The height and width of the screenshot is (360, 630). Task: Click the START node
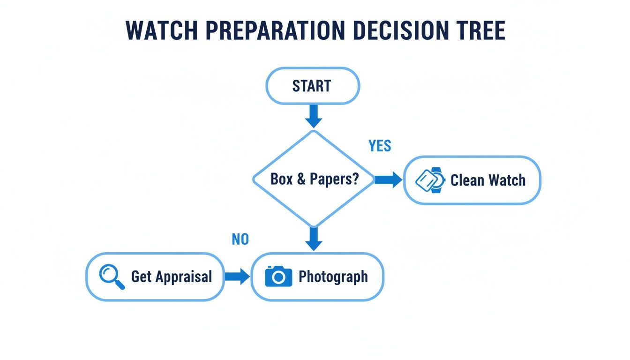point(313,86)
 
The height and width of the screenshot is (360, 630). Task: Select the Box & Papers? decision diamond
point(314,180)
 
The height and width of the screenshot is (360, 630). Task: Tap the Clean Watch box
point(472,180)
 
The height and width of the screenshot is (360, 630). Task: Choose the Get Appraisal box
point(155,277)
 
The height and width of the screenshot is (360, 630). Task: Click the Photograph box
point(317,277)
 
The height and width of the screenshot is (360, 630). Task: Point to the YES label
point(380,146)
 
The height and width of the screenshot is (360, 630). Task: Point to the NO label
point(240,240)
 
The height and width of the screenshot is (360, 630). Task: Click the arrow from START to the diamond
point(313,115)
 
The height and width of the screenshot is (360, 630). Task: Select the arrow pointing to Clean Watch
point(388,180)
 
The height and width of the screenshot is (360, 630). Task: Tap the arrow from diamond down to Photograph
point(313,239)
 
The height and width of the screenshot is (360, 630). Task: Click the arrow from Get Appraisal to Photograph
point(237,277)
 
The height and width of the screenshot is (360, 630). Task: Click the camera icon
point(278,277)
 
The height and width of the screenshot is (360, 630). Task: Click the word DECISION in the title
point(401,31)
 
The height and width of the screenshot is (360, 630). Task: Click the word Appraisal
point(184,277)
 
